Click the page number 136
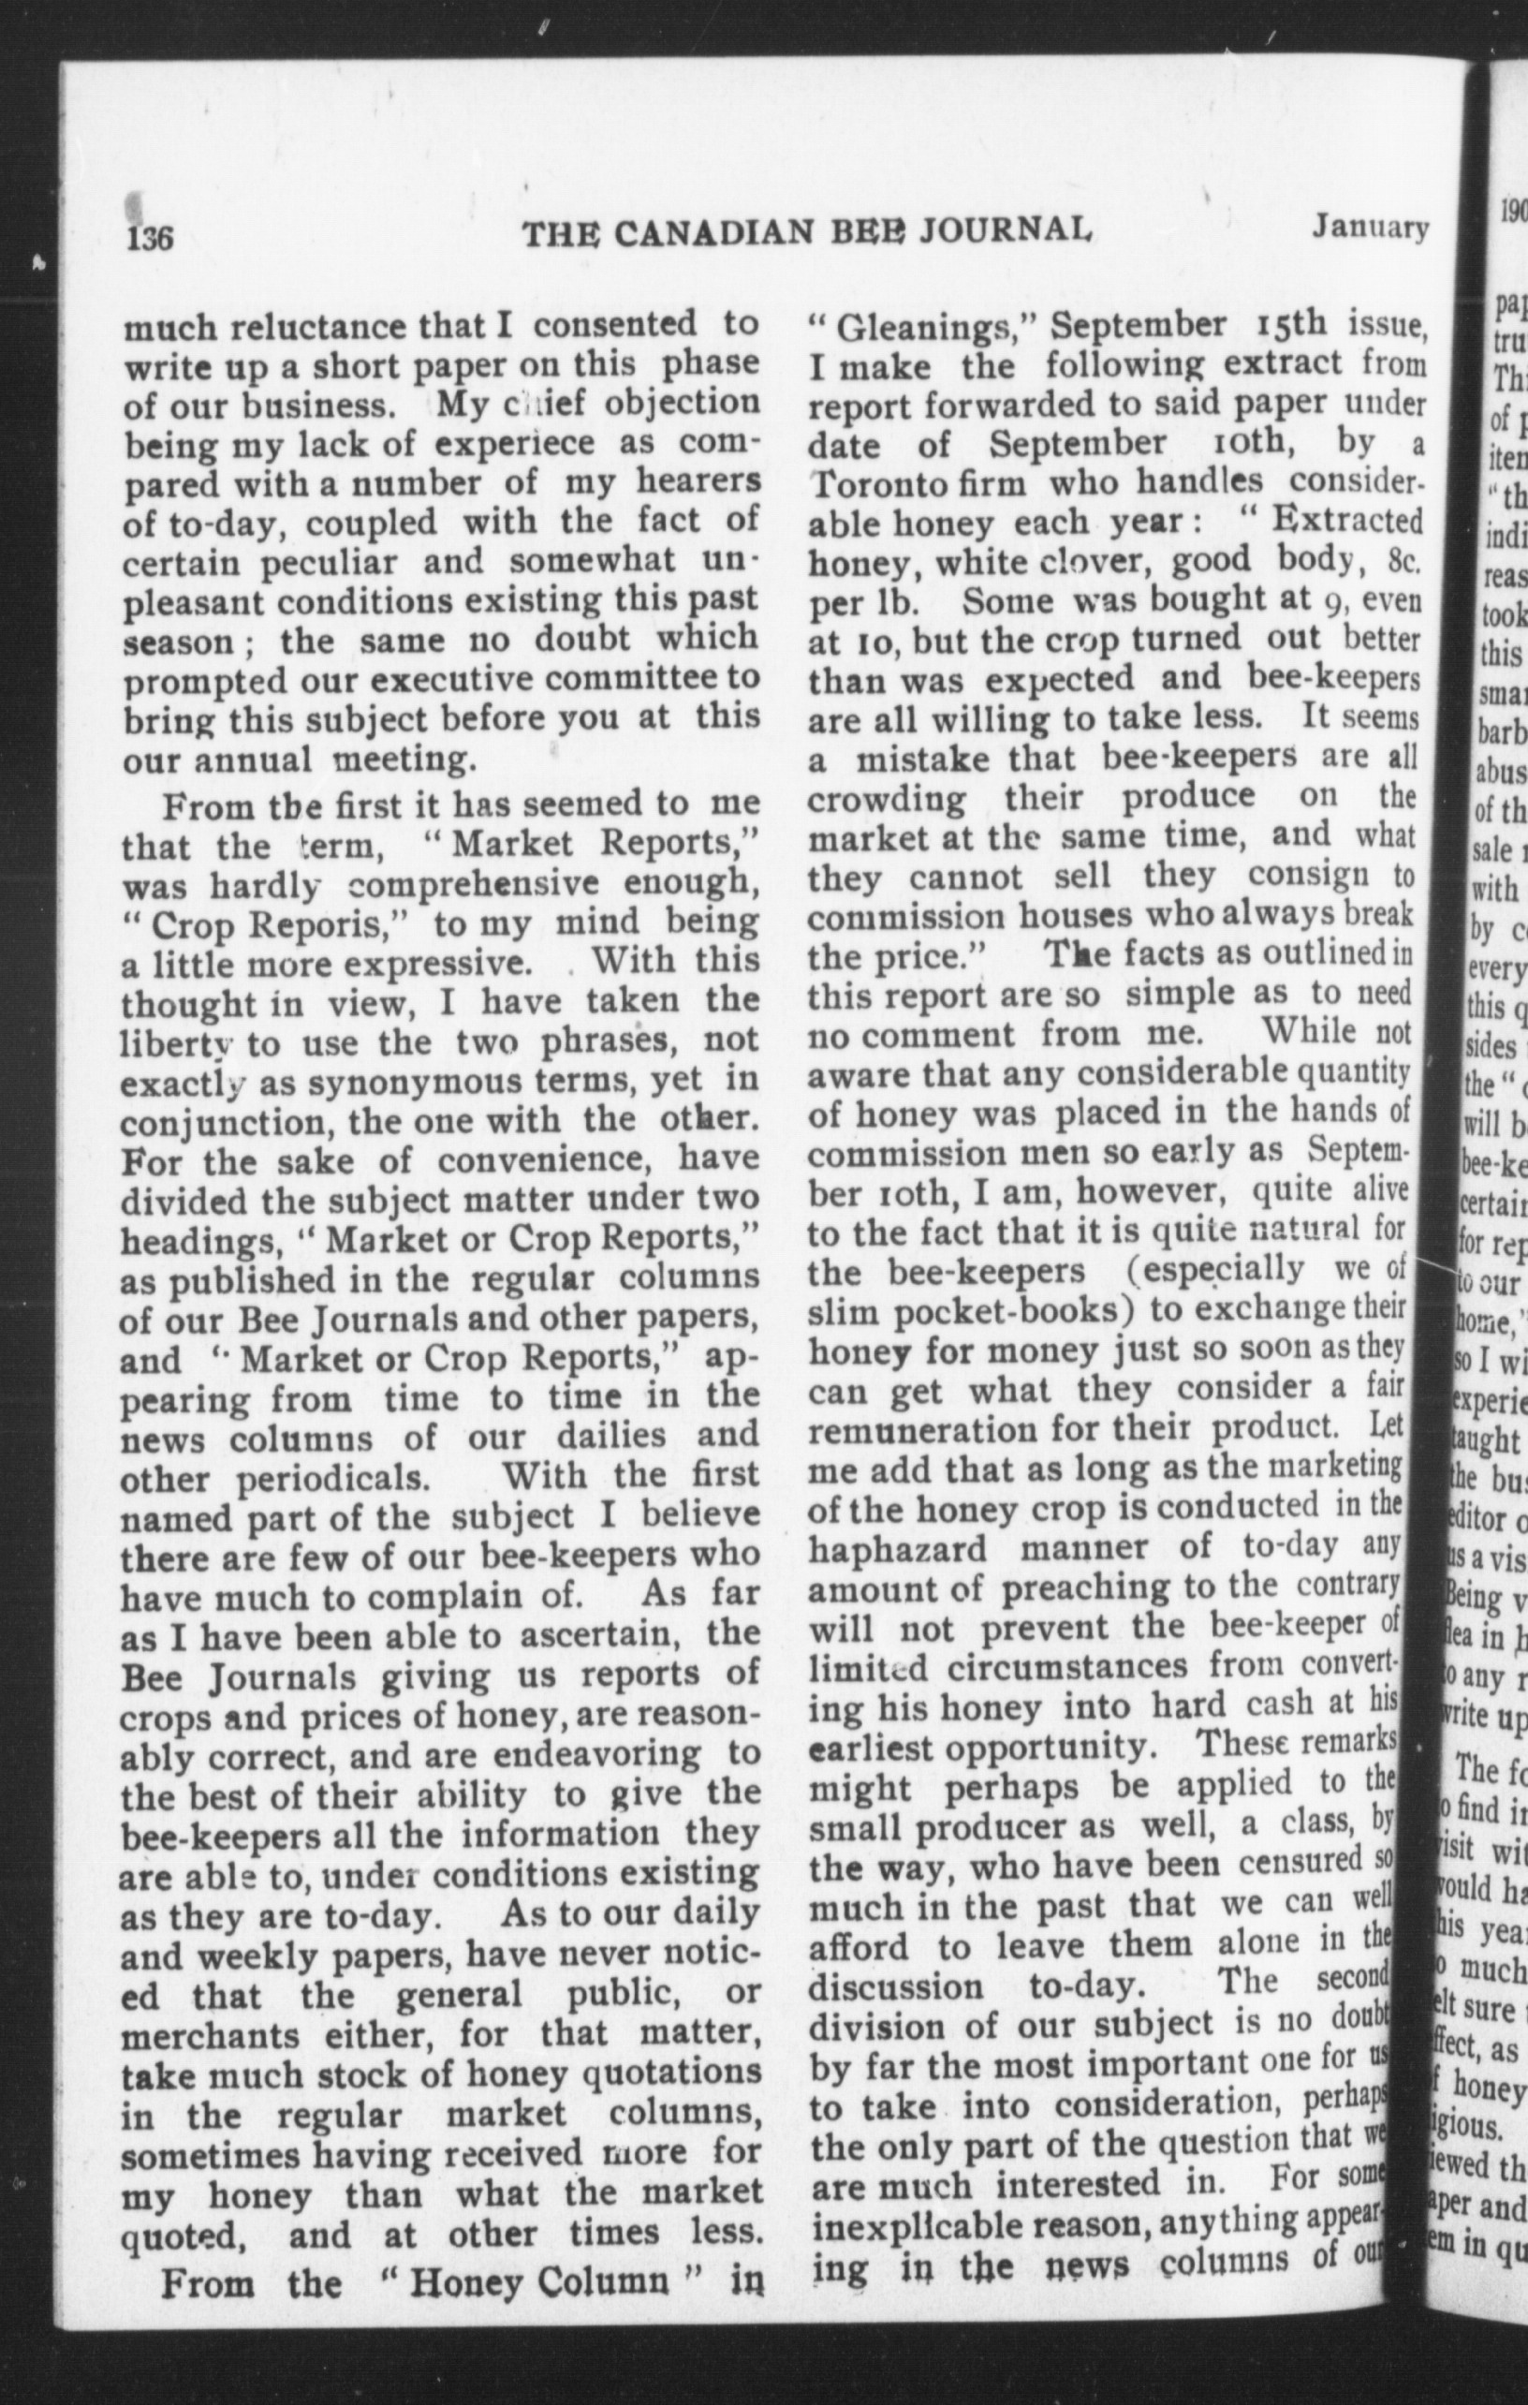coord(150,238)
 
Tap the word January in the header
coord(1370,229)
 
